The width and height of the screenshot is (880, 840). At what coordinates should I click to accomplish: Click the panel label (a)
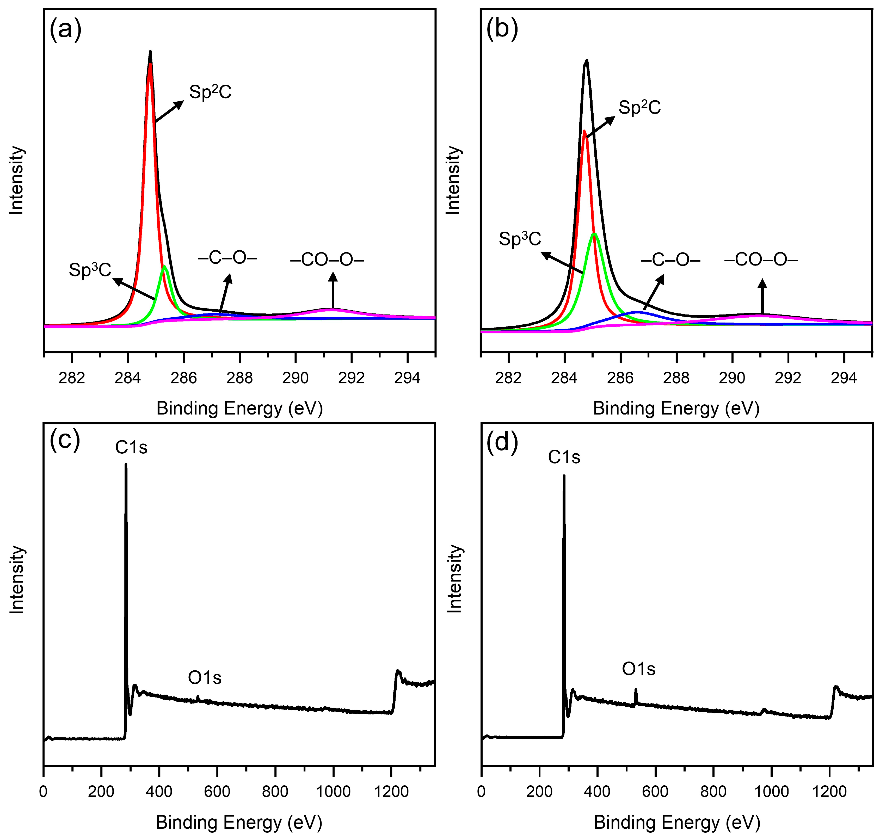coord(65,29)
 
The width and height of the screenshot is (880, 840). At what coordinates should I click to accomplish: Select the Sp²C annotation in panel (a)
coord(210,92)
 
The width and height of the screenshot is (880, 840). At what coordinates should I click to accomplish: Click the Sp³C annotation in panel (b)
coord(520,239)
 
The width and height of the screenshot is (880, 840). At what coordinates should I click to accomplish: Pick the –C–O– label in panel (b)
coord(670,260)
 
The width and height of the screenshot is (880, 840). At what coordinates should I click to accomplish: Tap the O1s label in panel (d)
coord(638,669)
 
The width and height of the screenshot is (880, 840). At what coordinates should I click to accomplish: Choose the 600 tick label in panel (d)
coord(655,792)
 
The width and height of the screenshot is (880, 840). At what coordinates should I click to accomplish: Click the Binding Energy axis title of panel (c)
coord(239,822)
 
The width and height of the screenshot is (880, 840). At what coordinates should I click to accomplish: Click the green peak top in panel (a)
coord(164,267)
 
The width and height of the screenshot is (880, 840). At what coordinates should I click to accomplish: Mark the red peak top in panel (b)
coord(584,131)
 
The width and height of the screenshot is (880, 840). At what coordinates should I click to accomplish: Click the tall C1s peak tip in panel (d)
coord(564,476)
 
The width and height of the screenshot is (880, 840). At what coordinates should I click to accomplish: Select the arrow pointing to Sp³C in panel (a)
coord(134,289)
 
